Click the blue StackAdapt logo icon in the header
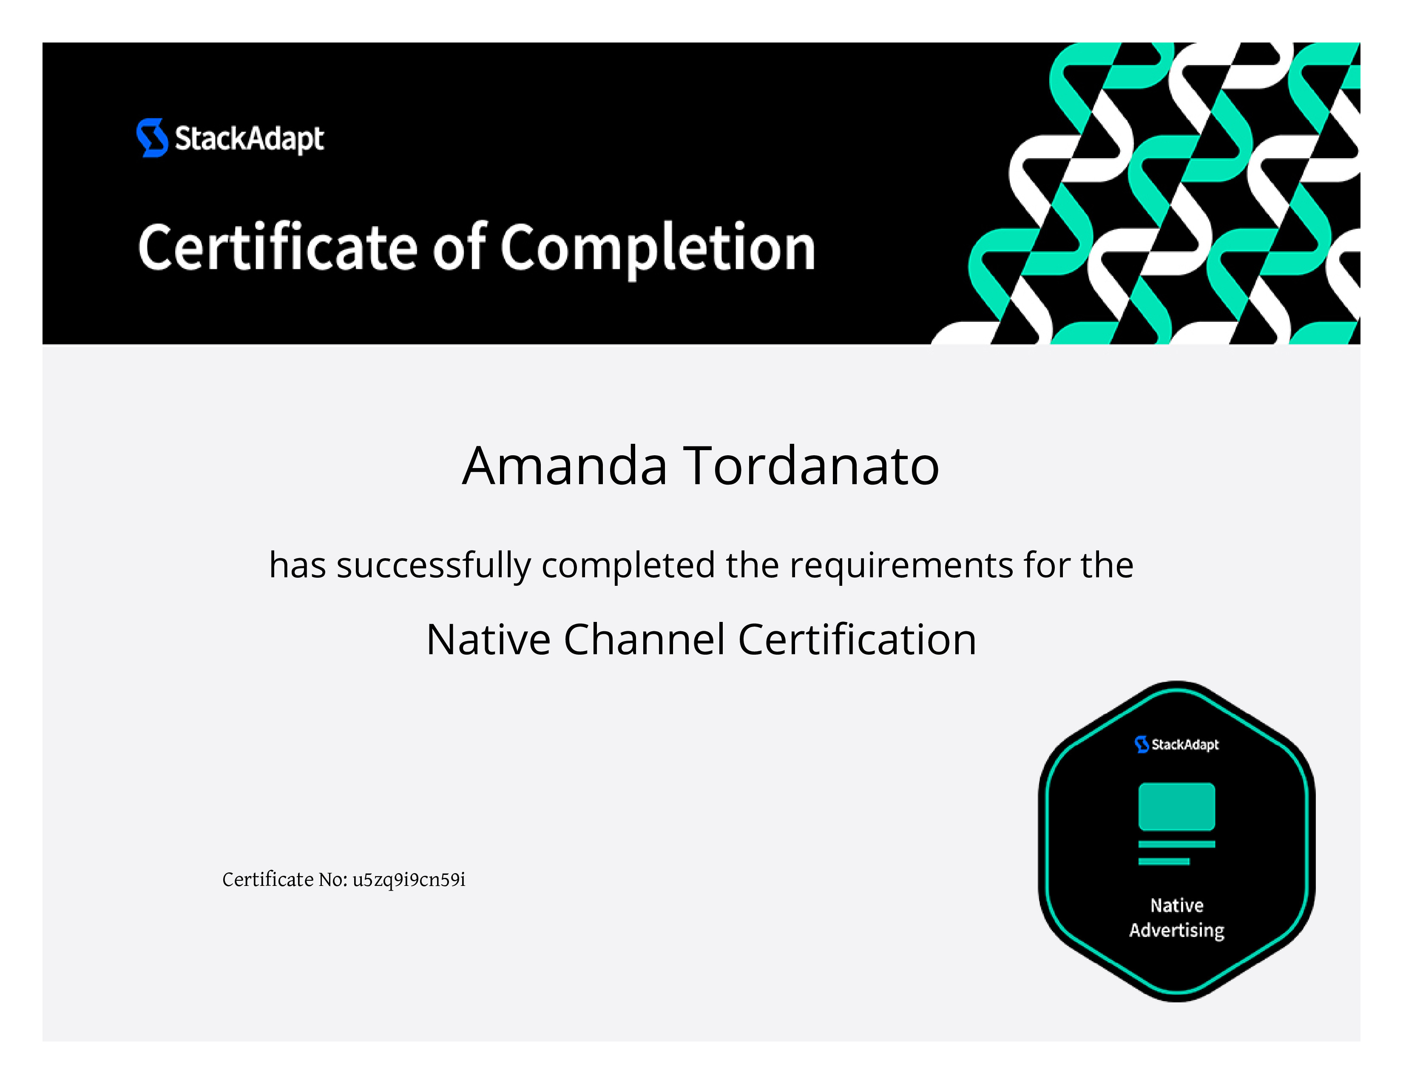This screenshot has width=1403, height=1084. tap(152, 137)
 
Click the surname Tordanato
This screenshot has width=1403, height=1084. tap(811, 465)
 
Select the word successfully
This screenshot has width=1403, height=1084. tap(434, 566)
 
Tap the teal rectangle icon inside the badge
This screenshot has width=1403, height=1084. tap(1176, 806)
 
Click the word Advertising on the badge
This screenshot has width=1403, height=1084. tap(1176, 931)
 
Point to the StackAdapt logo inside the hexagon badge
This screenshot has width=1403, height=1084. tap(1176, 744)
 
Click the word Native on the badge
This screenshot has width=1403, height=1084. tap(1176, 905)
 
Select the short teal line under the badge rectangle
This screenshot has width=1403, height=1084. tap(1163, 862)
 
